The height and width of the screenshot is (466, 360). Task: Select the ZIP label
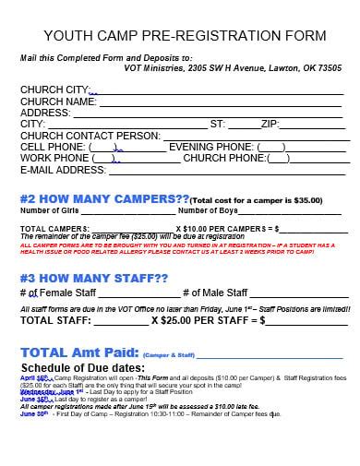pos(270,125)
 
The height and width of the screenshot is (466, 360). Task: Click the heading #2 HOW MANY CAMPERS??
pos(104,197)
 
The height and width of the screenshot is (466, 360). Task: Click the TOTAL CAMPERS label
pos(54,227)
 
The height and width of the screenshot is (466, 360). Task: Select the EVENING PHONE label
pos(210,147)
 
